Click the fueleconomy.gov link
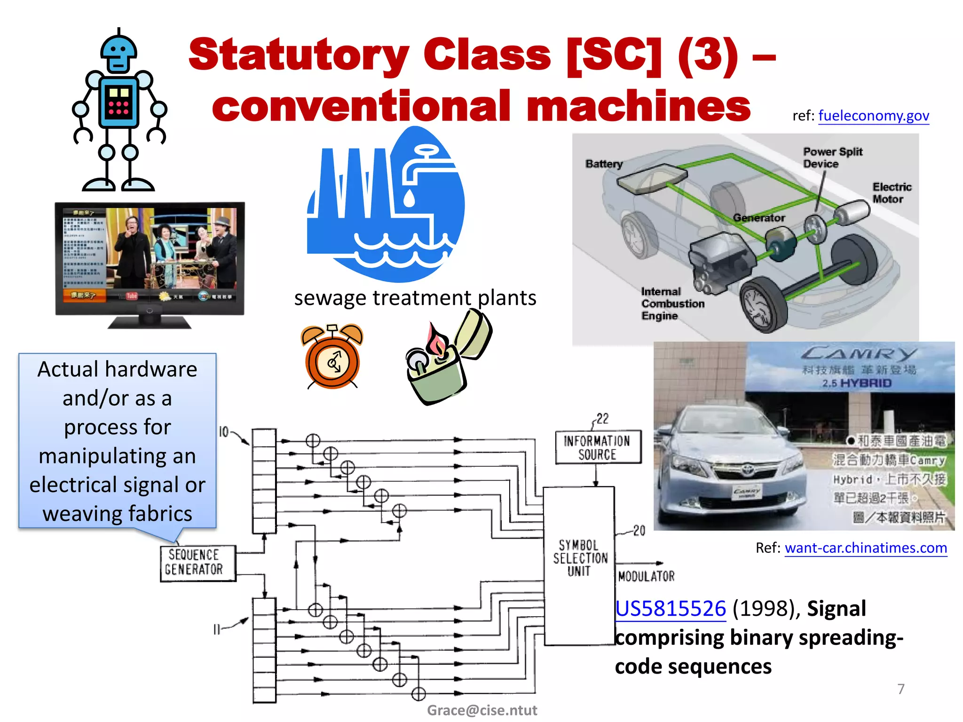(x=873, y=116)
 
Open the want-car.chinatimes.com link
(x=866, y=548)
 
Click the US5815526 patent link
(x=671, y=608)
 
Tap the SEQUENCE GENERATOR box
(x=197, y=563)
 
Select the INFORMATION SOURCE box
(x=598, y=447)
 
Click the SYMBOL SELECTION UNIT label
(x=579, y=558)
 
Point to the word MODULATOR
(x=646, y=576)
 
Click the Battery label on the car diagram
(x=604, y=164)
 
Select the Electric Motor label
(x=892, y=193)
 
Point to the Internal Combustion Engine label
(x=672, y=304)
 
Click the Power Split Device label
(x=832, y=157)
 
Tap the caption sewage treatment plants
(x=415, y=298)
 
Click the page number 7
(x=900, y=689)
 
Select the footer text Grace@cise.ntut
(x=481, y=710)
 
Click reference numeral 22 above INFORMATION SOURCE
(x=602, y=418)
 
